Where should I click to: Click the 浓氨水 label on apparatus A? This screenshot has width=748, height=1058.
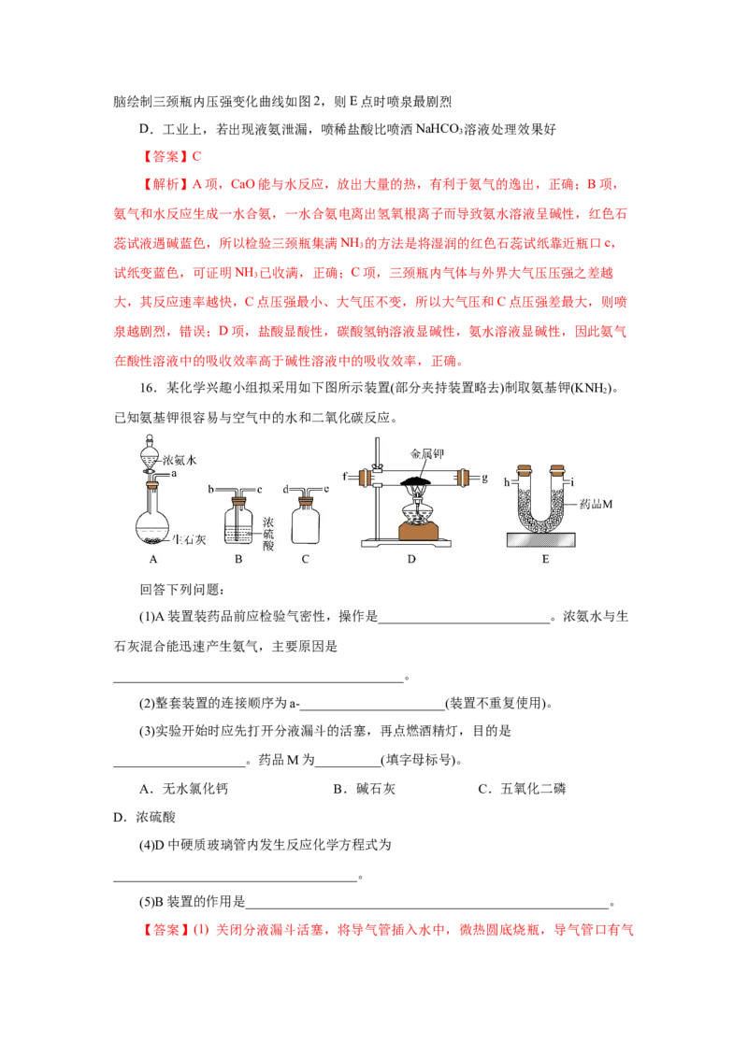pyautogui.click(x=180, y=460)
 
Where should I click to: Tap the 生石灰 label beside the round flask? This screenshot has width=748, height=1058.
pyautogui.click(x=189, y=539)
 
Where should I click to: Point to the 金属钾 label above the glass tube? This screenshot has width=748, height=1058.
pyautogui.click(x=426, y=453)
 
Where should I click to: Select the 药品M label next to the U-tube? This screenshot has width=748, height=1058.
pyautogui.click(x=597, y=504)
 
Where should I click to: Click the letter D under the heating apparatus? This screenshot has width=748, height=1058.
pyautogui.click(x=411, y=559)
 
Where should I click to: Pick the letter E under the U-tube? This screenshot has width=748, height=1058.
pyautogui.click(x=545, y=559)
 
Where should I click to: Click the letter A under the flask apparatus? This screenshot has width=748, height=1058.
pyautogui.click(x=153, y=559)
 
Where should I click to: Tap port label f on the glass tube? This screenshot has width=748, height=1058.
pyautogui.click(x=345, y=477)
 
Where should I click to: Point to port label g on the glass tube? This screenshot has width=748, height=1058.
pyautogui.click(x=484, y=478)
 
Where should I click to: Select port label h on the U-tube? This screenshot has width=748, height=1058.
pyautogui.click(x=507, y=481)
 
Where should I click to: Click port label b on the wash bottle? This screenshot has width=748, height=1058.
pyautogui.click(x=210, y=489)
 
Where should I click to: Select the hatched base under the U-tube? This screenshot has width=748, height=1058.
pyautogui.click(x=541, y=539)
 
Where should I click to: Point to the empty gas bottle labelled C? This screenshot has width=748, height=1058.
pyautogui.click(x=305, y=521)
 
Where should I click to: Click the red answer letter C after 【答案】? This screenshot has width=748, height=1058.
pyautogui.click(x=196, y=156)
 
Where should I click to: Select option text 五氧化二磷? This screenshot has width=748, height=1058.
pyautogui.click(x=533, y=789)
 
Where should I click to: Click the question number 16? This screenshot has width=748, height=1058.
pyautogui.click(x=148, y=388)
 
